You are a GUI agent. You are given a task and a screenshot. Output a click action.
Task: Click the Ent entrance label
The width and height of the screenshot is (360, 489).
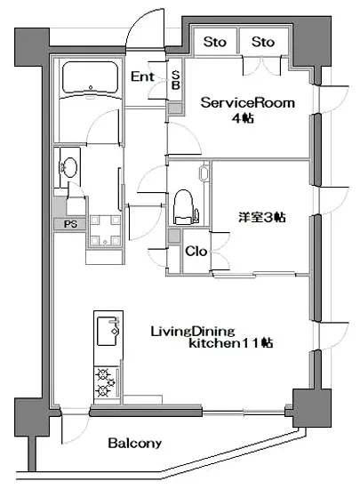coord(141,76)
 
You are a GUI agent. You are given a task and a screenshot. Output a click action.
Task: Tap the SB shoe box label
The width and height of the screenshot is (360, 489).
coord(176,81)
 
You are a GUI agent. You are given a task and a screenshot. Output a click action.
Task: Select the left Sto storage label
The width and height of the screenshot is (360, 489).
coord(213,42)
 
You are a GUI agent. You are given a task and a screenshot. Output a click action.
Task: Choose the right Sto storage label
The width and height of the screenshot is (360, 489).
coord(262,42)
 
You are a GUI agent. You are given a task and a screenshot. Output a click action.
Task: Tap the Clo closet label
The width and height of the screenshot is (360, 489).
coord(196,252)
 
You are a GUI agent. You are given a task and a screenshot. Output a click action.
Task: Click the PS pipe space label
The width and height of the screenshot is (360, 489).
coord(69,224)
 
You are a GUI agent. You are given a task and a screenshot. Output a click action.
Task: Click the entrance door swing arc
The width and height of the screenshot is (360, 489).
coord(140,34)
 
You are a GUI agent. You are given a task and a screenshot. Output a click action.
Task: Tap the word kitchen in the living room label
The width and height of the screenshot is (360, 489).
coord(208,343)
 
